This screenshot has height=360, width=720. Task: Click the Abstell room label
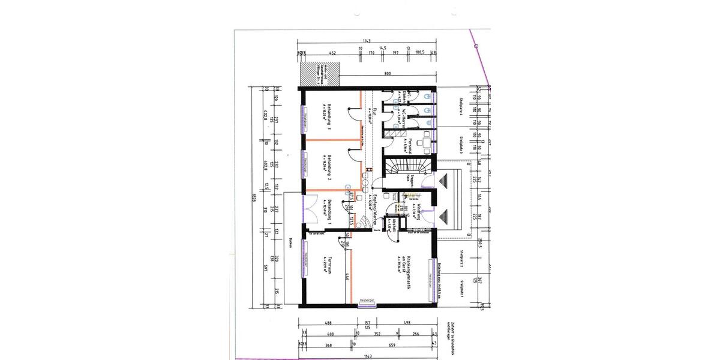pyautogui.click(x=393, y=223)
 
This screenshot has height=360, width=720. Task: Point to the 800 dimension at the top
pyautogui.click(x=388, y=73)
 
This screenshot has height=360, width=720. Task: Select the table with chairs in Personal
pyautogui.click(x=425, y=141)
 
